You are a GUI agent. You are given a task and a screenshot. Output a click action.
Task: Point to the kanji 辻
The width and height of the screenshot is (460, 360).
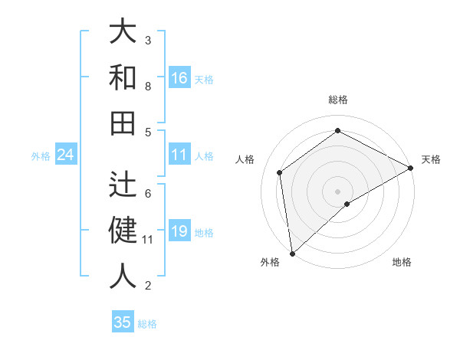[123, 184]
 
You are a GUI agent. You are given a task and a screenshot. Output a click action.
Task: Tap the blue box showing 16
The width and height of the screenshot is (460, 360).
[179, 78]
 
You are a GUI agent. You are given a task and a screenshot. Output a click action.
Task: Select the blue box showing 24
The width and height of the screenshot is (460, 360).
[66, 155]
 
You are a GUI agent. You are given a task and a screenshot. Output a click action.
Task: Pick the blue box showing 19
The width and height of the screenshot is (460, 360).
[179, 232]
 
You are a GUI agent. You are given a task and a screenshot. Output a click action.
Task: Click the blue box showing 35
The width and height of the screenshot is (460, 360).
[123, 322]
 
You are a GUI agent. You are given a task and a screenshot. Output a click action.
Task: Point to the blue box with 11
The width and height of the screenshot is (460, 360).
[179, 155]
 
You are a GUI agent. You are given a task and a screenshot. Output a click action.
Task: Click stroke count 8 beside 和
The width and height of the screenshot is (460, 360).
[148, 87]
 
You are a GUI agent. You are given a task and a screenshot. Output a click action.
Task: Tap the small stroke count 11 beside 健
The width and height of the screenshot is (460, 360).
[148, 240]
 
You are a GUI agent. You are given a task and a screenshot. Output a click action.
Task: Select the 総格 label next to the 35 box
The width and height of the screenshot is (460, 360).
[147, 324]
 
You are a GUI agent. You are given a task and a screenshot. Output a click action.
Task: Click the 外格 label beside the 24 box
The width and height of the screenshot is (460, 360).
[41, 156]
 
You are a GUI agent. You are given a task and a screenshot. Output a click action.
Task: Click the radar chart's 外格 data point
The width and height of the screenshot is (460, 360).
[292, 254]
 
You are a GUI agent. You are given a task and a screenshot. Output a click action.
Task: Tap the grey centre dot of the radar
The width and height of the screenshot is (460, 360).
[337, 190]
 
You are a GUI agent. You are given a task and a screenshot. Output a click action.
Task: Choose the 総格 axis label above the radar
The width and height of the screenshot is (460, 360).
[337, 100]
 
